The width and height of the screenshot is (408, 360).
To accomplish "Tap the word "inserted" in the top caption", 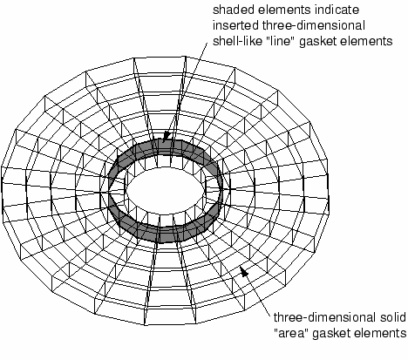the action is pos(235,25).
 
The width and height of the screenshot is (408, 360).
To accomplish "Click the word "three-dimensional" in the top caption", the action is pos(314,25).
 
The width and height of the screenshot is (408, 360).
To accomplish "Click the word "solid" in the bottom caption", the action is pos(392,317).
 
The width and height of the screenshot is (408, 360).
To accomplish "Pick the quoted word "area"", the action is pos(291,333).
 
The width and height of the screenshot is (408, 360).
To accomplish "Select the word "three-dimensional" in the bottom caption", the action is pos(325,317).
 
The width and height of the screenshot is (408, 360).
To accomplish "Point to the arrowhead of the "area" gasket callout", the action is pos(244,271).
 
